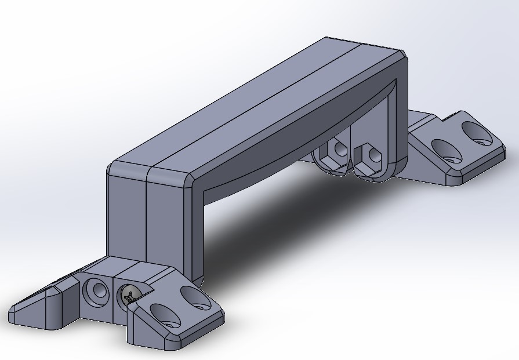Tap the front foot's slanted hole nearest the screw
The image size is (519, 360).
tap(165, 317)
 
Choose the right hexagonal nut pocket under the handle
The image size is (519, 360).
tap(368, 156)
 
